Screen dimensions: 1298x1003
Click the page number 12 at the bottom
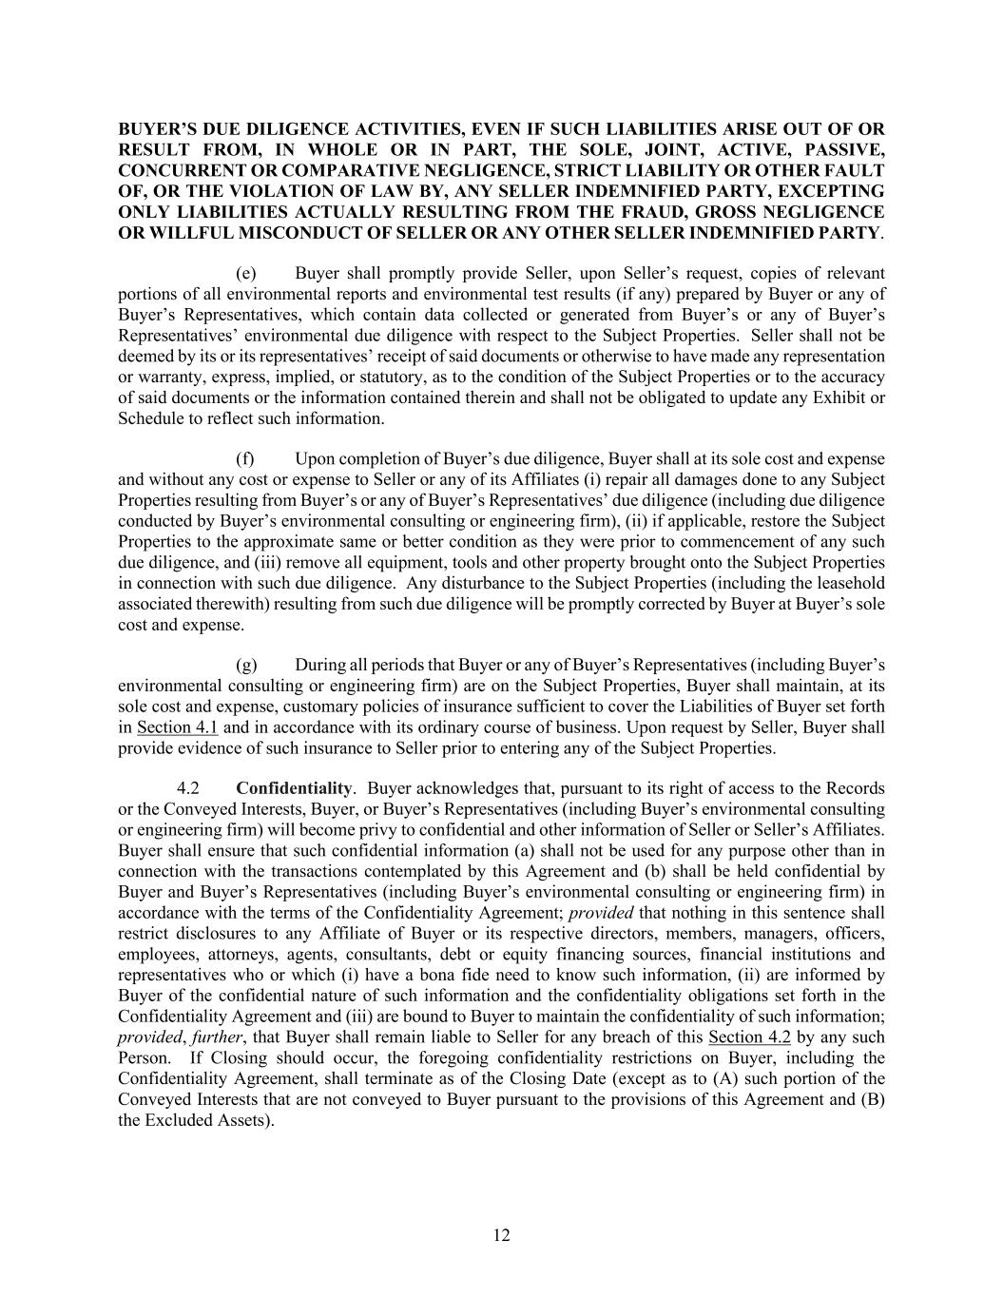[502, 1235]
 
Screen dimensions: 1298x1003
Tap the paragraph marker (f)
[245, 458]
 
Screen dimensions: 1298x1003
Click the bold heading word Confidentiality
[294, 788]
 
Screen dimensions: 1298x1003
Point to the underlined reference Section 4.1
[178, 727]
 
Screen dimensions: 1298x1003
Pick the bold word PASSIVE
[844, 149]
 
